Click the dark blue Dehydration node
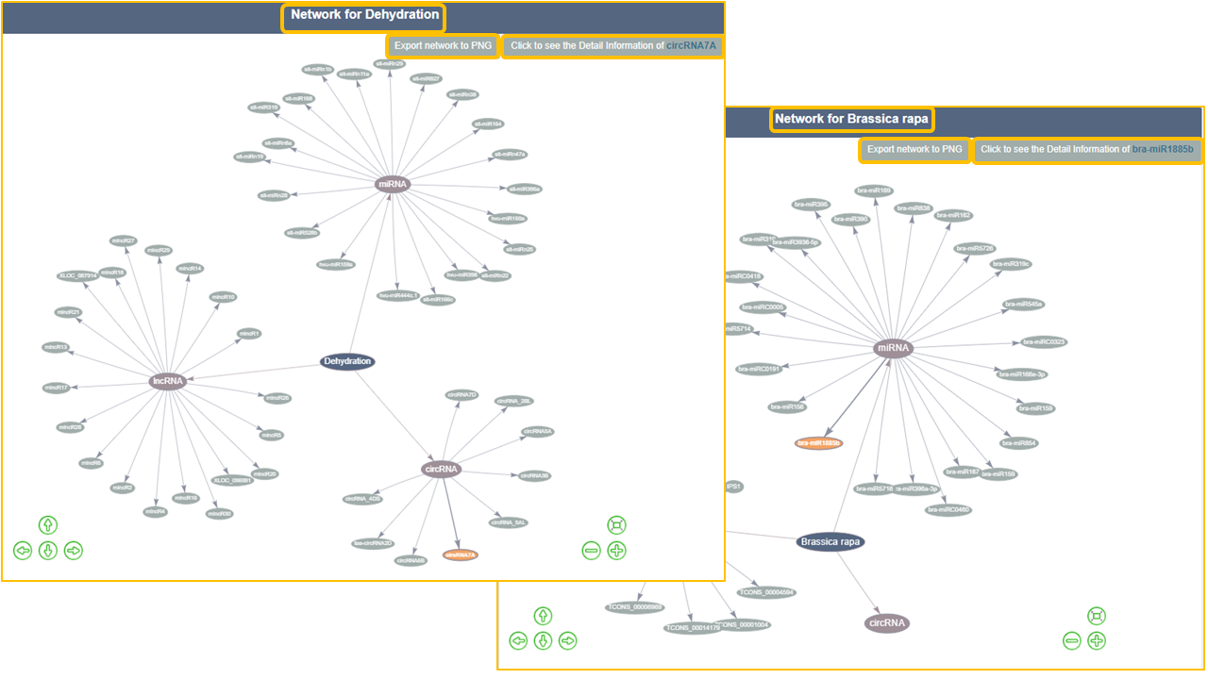coord(347,361)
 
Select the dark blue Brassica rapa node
coord(830,541)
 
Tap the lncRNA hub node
coord(168,381)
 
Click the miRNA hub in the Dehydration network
coord(392,184)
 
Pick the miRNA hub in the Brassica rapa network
coord(893,348)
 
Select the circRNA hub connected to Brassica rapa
coord(887,622)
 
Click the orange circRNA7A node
coord(461,555)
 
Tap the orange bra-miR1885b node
coord(818,442)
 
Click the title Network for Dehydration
coord(364,16)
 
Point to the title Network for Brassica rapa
coord(851,120)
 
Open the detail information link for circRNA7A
coord(612,46)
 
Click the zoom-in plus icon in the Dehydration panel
coord(616,551)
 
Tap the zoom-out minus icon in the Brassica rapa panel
coord(1071,641)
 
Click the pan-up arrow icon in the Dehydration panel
coord(48,525)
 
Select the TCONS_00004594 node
coord(766,592)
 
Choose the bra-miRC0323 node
coord(1044,341)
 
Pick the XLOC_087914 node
coord(78,275)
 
